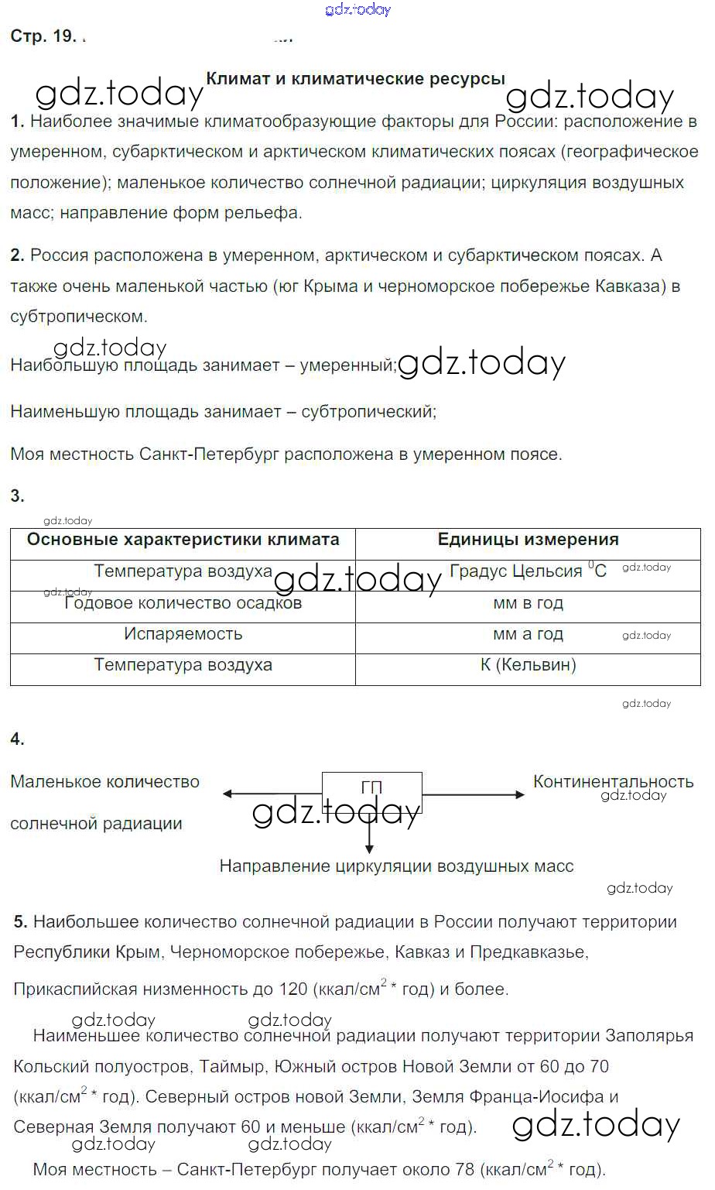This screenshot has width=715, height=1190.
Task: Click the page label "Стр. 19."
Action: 43,36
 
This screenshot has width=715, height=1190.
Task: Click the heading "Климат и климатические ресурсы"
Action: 355,79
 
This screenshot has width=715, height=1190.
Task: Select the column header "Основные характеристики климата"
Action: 183,540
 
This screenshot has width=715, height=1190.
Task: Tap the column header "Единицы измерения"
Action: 528,540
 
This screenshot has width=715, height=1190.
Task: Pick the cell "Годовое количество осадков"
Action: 183,603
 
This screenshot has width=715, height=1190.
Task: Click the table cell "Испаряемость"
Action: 183,634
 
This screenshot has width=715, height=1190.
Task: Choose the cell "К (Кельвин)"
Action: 528,665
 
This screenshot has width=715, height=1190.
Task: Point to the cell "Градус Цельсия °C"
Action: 528,571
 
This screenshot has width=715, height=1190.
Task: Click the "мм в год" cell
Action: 528,603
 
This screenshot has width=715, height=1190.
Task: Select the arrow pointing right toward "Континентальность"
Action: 474,794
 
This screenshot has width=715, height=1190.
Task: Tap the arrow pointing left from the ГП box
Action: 271,794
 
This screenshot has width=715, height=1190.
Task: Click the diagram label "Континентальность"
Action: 613,781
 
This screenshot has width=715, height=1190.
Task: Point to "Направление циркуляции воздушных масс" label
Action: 396,866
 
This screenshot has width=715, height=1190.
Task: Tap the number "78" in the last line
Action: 464,1170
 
